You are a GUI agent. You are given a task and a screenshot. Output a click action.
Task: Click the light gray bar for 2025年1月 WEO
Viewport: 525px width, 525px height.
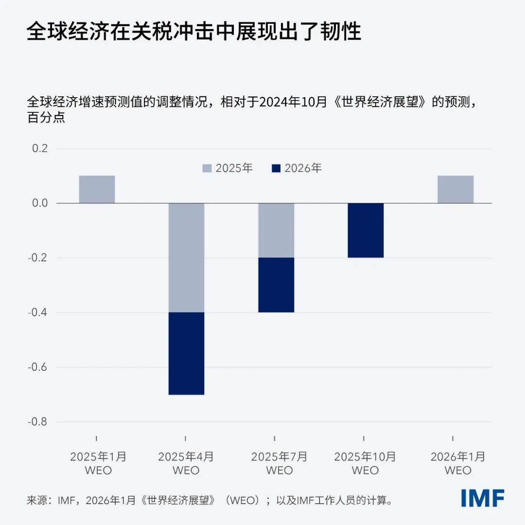[x=97, y=189]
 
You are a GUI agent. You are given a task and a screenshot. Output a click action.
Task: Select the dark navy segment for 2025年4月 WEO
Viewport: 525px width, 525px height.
[x=186, y=353]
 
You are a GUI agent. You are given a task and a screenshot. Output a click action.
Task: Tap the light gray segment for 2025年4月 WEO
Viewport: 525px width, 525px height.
[x=186, y=258]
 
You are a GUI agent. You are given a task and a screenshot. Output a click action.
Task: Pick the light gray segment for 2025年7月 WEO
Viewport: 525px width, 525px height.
[x=276, y=230]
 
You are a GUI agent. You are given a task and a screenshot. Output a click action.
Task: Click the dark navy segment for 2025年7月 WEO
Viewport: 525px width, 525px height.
[x=276, y=285]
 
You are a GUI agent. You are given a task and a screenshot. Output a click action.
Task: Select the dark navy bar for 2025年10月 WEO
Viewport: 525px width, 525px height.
[x=366, y=230]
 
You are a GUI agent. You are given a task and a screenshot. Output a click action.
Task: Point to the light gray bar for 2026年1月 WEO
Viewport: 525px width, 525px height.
[x=455, y=189]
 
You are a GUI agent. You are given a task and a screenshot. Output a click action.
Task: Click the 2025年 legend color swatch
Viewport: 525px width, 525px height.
[x=207, y=168]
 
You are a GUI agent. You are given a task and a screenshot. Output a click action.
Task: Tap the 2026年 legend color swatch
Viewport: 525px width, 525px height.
[x=276, y=168]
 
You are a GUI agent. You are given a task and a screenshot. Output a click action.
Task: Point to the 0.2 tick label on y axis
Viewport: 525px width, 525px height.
[x=40, y=149]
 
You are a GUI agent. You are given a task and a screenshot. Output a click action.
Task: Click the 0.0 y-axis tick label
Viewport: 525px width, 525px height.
[x=40, y=203]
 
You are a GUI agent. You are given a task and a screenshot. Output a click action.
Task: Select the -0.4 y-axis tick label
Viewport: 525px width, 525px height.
[x=38, y=313]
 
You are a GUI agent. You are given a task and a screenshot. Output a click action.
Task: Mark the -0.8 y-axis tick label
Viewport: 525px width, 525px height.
[x=38, y=422]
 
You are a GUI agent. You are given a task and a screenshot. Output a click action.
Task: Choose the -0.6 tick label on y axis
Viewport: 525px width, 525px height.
[x=38, y=367]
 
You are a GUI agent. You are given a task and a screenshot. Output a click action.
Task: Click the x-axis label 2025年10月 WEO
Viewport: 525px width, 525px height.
[x=365, y=463]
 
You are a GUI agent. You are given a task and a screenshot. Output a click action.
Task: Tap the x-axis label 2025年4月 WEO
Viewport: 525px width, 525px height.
[x=186, y=463]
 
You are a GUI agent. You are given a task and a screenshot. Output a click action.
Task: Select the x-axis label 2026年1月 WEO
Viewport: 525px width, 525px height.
[x=457, y=463]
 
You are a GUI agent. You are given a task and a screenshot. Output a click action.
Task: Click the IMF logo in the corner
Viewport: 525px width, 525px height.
[x=482, y=498]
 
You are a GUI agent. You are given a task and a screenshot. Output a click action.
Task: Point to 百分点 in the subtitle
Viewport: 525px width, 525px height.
[x=46, y=118]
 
